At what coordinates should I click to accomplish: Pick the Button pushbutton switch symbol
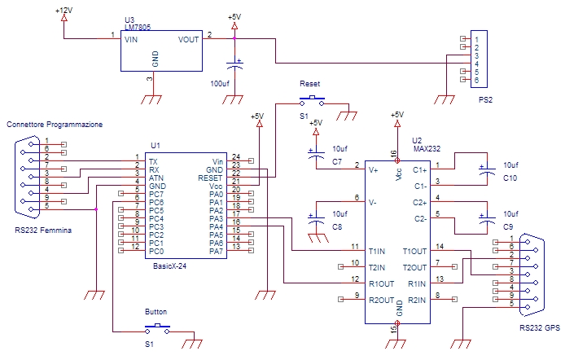[155, 327]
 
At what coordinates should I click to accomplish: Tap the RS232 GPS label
[541, 327]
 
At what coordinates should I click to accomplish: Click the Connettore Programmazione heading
[55, 125]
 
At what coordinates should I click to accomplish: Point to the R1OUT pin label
[379, 283]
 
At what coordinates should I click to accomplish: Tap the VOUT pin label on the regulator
[188, 38]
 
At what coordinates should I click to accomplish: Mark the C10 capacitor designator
[510, 177]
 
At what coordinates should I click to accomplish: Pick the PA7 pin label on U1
[215, 251]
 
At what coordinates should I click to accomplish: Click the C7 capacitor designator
[337, 161]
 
